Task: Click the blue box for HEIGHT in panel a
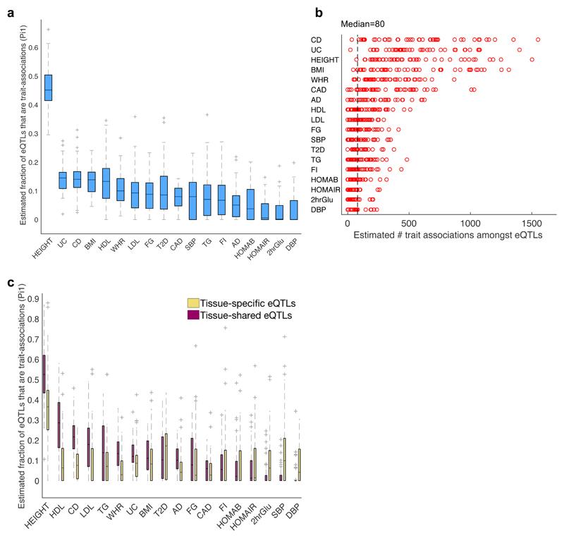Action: click(x=49, y=88)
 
